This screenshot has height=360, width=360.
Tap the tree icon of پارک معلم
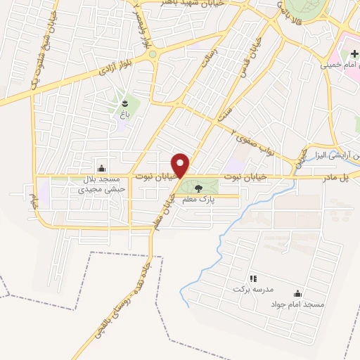point(197,188)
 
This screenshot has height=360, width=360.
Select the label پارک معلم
point(197,200)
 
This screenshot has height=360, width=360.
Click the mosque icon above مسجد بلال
point(102,168)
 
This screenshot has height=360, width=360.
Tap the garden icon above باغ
point(126,101)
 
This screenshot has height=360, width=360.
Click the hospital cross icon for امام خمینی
point(354,54)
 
